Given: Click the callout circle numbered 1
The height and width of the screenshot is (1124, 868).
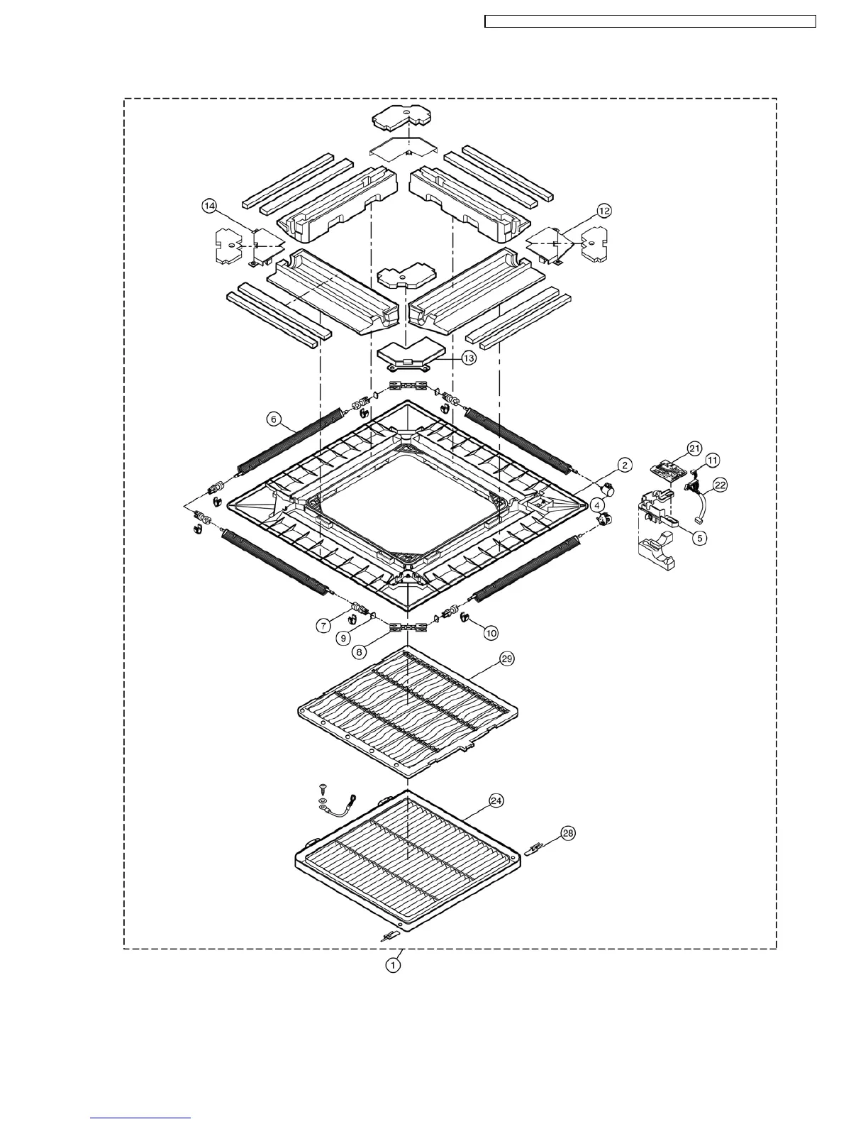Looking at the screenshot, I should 393,965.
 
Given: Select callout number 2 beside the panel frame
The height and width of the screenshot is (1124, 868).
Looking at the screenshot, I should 623,465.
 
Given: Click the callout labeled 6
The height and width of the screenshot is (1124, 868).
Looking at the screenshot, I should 273,419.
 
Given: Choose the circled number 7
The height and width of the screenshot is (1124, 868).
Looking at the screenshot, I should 324,625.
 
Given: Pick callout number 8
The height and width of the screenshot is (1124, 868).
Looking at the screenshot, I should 361,650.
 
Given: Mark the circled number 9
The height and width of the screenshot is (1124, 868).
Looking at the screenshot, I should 343,638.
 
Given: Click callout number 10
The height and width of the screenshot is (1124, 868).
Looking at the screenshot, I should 491,630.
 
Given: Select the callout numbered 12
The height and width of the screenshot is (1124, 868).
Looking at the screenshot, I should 603,211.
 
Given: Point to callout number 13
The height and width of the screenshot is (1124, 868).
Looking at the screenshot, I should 469,358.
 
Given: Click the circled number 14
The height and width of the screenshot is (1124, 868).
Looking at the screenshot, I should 209,206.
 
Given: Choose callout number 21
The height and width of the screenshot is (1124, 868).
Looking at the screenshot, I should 694,448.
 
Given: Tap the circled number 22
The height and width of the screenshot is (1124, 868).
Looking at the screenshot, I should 720,485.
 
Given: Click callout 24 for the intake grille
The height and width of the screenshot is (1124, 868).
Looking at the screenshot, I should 496,800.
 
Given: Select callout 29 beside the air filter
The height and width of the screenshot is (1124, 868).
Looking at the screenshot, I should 506,659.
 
